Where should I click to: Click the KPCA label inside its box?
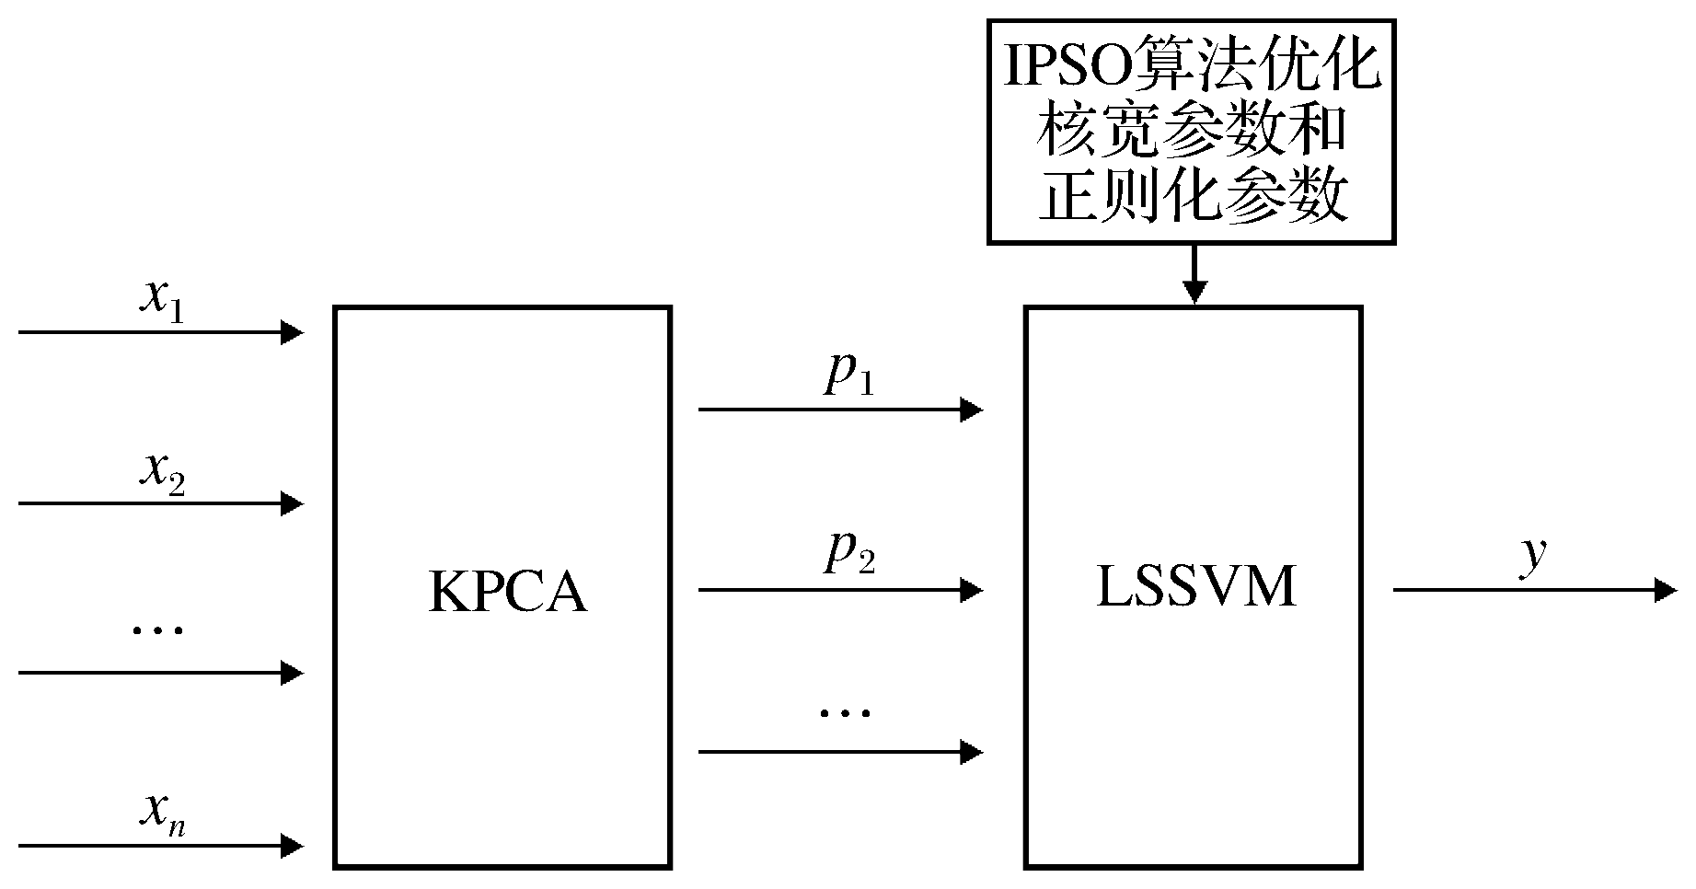point(507,593)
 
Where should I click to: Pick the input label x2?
point(161,473)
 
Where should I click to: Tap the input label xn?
point(162,814)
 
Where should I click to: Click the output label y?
point(1531,556)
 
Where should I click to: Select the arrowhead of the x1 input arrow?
point(292,331)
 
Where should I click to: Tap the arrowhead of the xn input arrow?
point(292,844)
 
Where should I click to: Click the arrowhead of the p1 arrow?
point(972,409)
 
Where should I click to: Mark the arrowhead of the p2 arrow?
point(972,589)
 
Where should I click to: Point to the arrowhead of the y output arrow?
point(1666,589)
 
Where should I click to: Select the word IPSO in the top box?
point(1067,72)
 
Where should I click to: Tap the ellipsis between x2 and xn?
point(158,629)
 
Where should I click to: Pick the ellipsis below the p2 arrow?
point(845,711)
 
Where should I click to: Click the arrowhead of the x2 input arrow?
point(292,503)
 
